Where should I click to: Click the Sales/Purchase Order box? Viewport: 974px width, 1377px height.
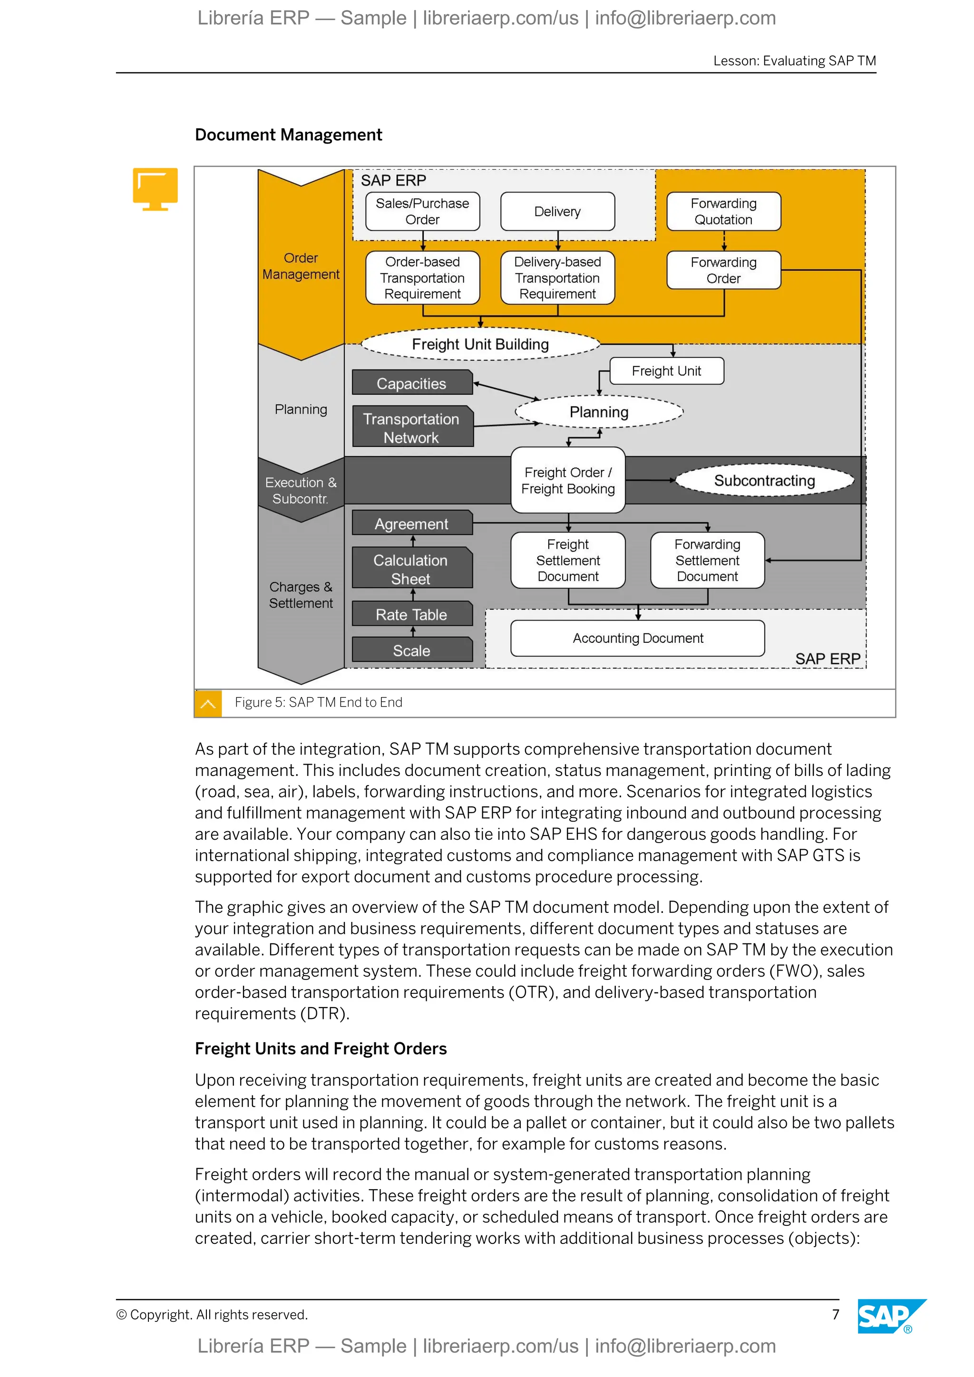[x=422, y=211]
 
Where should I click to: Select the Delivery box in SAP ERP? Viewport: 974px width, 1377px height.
[x=557, y=211]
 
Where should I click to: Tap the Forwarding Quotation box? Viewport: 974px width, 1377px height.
[x=723, y=211]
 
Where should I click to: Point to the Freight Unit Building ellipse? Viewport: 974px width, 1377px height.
[x=480, y=344]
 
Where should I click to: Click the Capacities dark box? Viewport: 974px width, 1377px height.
[x=411, y=383]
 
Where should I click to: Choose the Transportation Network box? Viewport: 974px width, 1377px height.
[x=412, y=427]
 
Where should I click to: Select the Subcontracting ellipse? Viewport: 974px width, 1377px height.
[x=764, y=480]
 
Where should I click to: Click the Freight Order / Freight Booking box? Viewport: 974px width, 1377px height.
[x=567, y=480]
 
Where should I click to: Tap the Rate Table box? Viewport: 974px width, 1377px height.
[x=411, y=614]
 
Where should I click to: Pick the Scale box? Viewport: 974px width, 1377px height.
[x=411, y=650]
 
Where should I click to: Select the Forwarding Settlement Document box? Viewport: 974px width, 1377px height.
[x=707, y=560]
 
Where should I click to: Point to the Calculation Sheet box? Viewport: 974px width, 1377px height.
[x=411, y=569]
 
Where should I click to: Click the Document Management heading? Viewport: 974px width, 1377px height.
[x=289, y=135]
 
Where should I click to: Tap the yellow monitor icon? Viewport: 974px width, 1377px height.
[x=156, y=188]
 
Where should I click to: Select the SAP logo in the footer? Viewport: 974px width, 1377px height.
[x=886, y=1316]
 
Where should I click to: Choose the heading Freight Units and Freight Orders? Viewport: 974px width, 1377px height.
[x=321, y=1048]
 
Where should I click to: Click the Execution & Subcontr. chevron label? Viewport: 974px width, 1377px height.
[x=301, y=490]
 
